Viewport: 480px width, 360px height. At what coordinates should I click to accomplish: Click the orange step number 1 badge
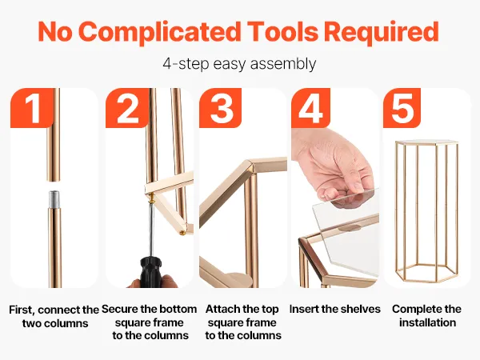point(32,108)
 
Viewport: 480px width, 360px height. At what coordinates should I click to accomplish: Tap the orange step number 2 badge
point(127,108)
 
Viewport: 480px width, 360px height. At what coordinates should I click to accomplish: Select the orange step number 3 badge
point(221,108)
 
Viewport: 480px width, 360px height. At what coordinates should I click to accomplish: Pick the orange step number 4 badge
point(310,108)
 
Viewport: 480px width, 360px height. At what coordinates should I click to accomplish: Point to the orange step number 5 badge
point(402,108)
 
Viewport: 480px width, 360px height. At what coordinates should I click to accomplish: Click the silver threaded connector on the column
point(54,198)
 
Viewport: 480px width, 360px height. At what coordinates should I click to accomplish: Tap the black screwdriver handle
point(151,272)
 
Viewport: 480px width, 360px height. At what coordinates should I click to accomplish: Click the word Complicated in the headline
point(162,33)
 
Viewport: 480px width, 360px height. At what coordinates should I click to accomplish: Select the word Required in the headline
point(382,31)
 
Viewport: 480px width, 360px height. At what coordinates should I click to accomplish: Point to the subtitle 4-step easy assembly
point(239,64)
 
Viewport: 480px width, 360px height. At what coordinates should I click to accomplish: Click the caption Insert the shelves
point(335,309)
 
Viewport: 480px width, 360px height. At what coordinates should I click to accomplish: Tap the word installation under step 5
point(427,322)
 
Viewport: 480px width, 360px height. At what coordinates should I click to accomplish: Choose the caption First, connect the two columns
point(54,316)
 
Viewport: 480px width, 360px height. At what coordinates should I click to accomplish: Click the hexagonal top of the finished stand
point(426,142)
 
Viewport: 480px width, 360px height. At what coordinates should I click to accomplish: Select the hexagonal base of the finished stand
point(427,271)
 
